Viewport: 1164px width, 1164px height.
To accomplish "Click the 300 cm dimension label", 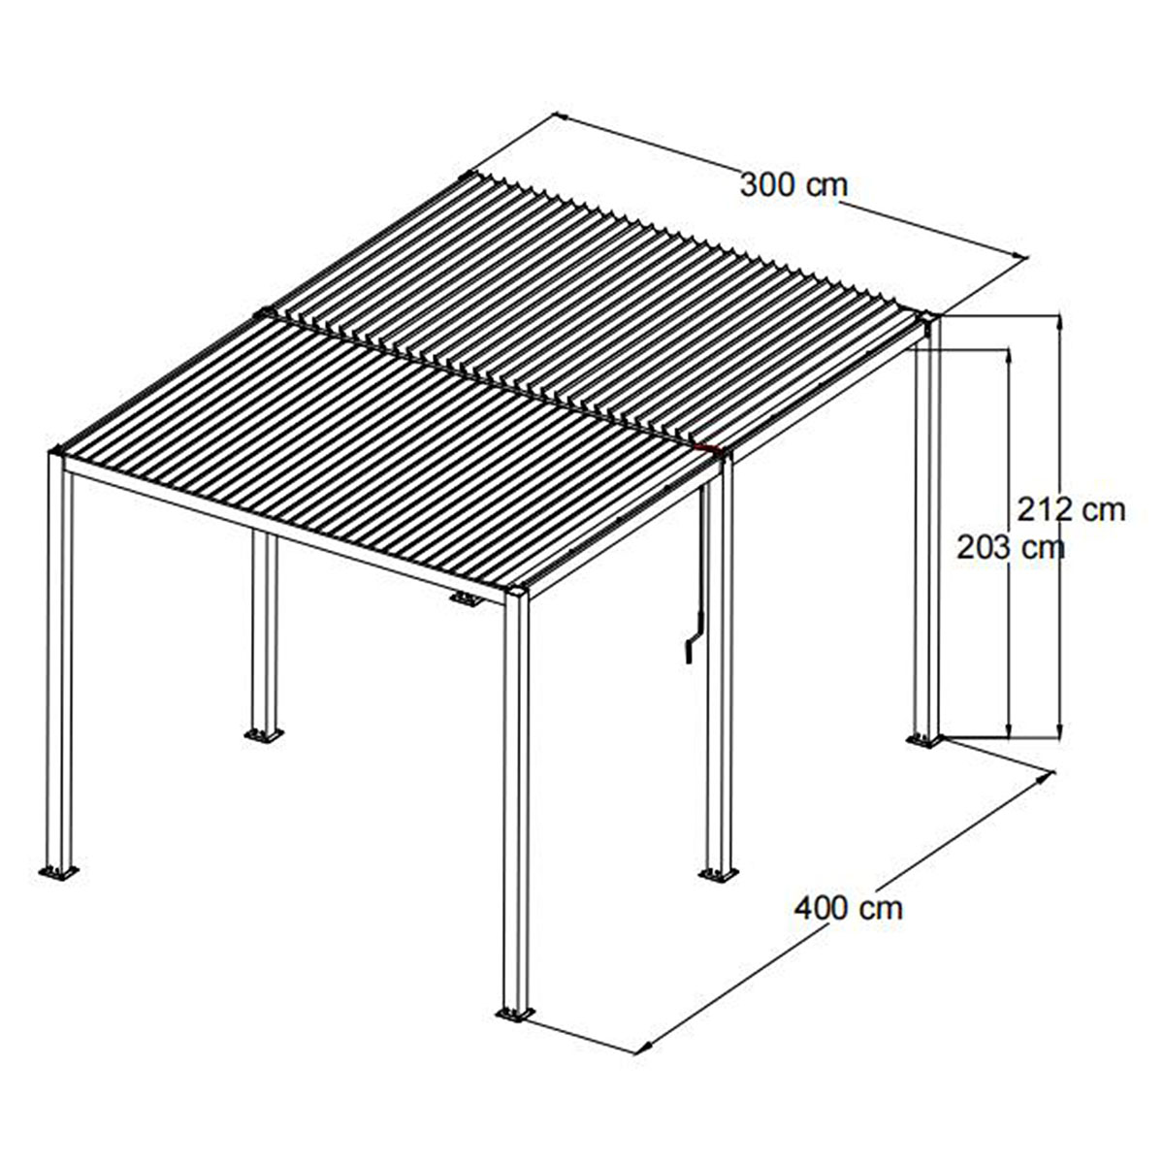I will pos(793,184).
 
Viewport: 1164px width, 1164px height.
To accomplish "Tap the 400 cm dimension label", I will pos(848,908).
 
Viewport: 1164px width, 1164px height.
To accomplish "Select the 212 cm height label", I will pos(1072,508).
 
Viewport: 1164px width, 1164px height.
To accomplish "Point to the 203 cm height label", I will pos(1010,548).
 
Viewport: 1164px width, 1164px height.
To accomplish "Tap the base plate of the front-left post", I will pos(58,872).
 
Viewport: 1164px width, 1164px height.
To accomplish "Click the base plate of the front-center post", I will pos(514,1014).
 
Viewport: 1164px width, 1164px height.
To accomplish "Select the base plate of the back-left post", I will pos(262,735).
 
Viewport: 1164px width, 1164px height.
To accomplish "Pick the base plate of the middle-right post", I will pos(719,875).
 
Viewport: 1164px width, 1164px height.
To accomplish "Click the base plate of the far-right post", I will pos(924,741).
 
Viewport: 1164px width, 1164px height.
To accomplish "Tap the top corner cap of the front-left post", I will pos(58,452).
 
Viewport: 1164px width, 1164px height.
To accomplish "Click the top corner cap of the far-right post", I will pos(928,317).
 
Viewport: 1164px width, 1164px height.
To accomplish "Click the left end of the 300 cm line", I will pos(556,115).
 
